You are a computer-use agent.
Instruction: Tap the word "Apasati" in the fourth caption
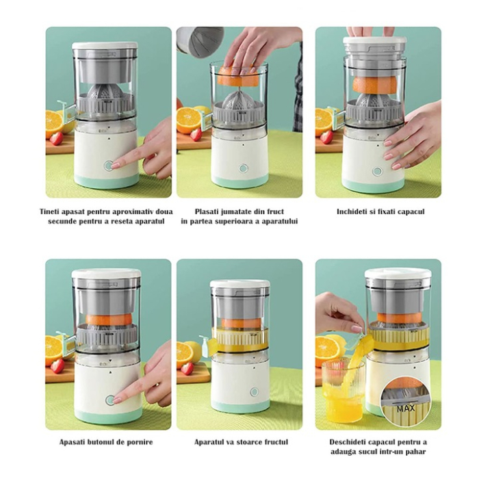pos(74,442)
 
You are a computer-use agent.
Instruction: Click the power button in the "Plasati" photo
pos(243,168)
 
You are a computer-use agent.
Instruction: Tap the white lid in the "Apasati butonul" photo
pos(106,275)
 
